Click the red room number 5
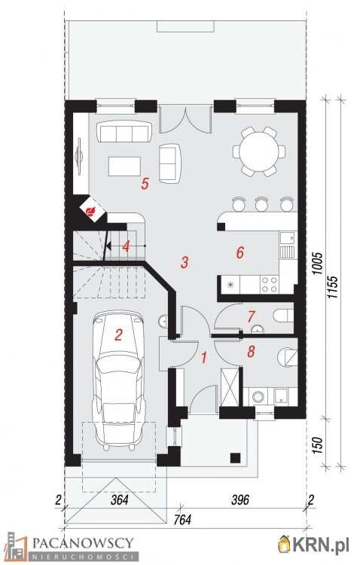[145, 183]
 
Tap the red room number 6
[240, 252]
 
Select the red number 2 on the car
[118, 335]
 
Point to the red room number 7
[251, 316]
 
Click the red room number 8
[251, 351]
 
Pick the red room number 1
[204, 357]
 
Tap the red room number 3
[185, 262]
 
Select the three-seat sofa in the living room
[124, 131]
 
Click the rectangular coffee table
[124, 166]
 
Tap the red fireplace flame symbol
[92, 210]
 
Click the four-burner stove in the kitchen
[270, 284]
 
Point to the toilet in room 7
[284, 316]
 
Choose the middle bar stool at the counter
[261, 204]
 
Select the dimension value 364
[120, 500]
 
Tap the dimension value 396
[240, 499]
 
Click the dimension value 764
[182, 520]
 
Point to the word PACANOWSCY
[84, 542]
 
